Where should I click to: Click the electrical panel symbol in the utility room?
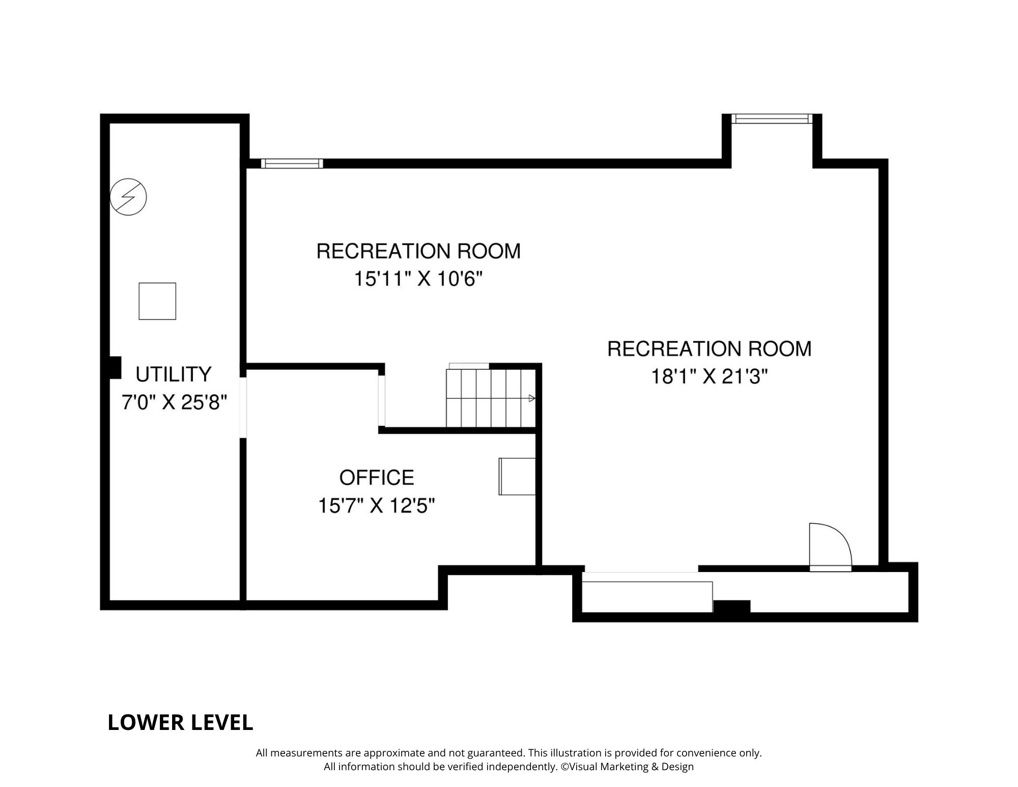[x=128, y=197]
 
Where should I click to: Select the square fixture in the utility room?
[x=157, y=301]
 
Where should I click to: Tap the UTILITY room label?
[x=173, y=374]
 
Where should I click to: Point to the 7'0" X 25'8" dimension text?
[x=174, y=402]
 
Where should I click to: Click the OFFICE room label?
[x=377, y=478]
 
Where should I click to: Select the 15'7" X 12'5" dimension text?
[x=377, y=506]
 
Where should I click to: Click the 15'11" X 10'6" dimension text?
[x=418, y=279]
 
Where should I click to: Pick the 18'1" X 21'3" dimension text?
[x=710, y=377]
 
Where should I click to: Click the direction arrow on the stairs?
[x=532, y=398]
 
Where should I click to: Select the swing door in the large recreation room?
[x=830, y=547]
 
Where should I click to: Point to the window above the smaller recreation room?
[x=292, y=164]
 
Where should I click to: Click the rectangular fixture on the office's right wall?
[x=517, y=476]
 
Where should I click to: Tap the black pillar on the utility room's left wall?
[x=115, y=367]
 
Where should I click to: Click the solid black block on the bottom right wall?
[x=732, y=607]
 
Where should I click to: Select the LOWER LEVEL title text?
[x=180, y=722]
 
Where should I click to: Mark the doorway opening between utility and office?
[x=243, y=408]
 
